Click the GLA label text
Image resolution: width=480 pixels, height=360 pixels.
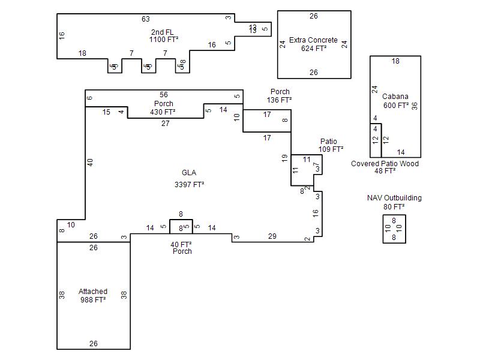coord(189,173)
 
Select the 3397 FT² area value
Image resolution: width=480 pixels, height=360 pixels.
coord(189,185)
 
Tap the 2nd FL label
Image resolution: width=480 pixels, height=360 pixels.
coord(163,32)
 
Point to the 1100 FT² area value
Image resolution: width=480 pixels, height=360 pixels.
coord(164,40)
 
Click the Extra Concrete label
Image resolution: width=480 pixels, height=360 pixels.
coord(313,40)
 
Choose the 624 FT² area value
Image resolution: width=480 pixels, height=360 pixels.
coord(314,48)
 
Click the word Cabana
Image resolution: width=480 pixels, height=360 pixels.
coord(395,97)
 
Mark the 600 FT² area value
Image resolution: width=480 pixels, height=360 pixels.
coord(396,106)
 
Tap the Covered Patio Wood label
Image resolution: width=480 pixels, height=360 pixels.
coord(385,164)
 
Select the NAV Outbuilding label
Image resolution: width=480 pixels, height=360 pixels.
coord(394,198)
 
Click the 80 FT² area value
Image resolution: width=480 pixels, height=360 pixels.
coord(394,207)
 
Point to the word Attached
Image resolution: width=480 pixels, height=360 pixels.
coord(93,292)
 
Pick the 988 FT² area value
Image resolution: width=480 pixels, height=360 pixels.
coord(93,300)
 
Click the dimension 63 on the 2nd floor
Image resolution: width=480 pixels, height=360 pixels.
coord(146,19)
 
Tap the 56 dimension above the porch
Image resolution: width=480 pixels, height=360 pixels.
coord(164,95)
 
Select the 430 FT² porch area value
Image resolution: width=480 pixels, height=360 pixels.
coord(163,112)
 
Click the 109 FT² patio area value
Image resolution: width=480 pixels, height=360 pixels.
coord(331,149)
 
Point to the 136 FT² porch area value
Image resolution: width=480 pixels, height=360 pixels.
coord(280,100)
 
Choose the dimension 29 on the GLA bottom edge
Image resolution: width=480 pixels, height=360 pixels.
coord(272,236)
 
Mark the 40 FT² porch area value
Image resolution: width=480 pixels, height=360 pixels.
coord(181,244)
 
